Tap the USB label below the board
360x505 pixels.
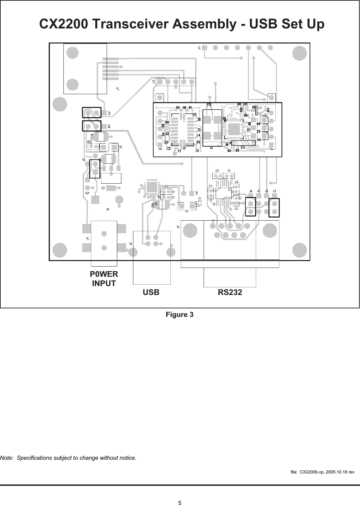[x=151, y=292]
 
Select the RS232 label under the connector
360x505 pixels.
[x=230, y=292]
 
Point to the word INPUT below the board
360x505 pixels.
[x=104, y=283]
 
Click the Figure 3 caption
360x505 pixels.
[x=180, y=315]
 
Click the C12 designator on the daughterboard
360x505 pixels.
[x=208, y=104]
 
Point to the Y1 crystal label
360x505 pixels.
[x=212, y=148]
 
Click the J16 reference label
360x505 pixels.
[x=109, y=126]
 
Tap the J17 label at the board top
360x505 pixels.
[x=199, y=48]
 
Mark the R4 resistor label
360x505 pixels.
[x=167, y=122]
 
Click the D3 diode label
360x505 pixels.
[x=259, y=132]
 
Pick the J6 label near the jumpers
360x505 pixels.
[x=251, y=191]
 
